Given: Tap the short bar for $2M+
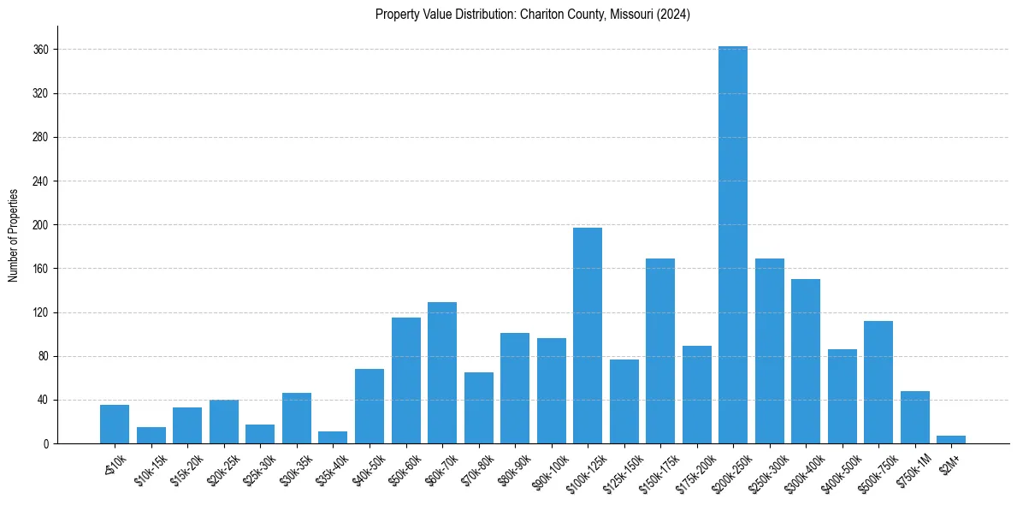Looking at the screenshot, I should click(951, 440).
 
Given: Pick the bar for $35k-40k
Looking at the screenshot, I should click(333, 438).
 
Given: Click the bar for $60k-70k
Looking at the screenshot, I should click(442, 373).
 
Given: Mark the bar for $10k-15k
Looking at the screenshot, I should click(151, 436).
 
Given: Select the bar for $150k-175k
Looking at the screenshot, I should click(660, 351).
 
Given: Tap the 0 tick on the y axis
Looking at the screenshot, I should click(48, 443).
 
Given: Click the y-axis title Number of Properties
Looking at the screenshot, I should click(13, 235).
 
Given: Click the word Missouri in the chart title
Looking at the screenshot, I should click(629, 15).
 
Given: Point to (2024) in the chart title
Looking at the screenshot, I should click(673, 15).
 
